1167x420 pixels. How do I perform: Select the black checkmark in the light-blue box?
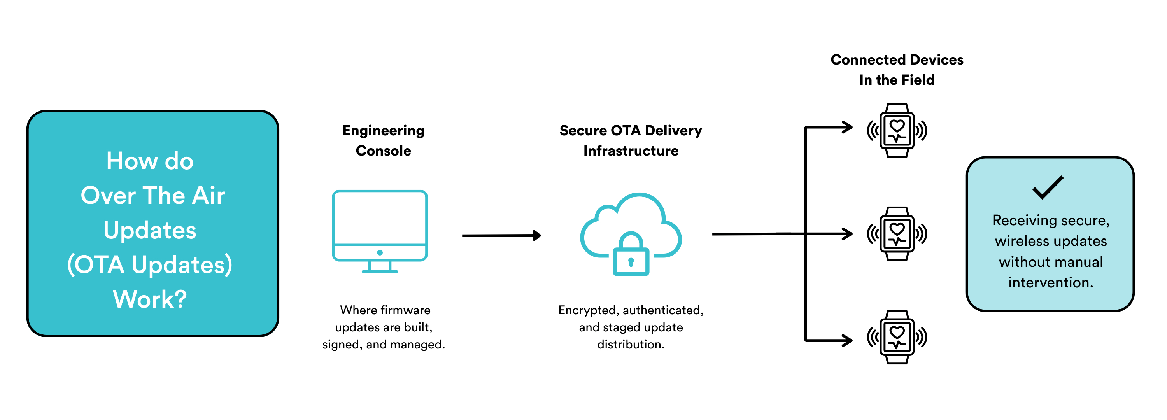click(x=1048, y=187)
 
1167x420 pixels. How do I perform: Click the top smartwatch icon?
click(x=897, y=131)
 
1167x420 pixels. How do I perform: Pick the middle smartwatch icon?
click(x=897, y=234)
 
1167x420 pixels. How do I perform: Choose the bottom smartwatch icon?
click(x=897, y=337)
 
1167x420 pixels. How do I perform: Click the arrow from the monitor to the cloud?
click(x=501, y=236)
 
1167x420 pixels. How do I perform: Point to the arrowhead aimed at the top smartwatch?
click(x=846, y=127)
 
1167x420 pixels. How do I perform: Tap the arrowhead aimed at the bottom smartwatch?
click(x=846, y=340)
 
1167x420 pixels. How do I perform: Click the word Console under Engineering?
click(x=383, y=151)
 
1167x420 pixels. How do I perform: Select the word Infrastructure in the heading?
click(x=631, y=151)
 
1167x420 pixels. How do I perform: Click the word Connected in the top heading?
click(x=869, y=60)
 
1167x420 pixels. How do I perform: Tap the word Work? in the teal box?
click(x=150, y=299)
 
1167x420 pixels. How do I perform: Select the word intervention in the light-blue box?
click(x=1050, y=283)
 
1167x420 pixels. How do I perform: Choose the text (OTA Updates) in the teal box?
click(x=150, y=264)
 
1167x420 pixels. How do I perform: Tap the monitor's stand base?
click(x=380, y=271)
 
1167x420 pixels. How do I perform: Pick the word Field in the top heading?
click(x=917, y=80)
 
